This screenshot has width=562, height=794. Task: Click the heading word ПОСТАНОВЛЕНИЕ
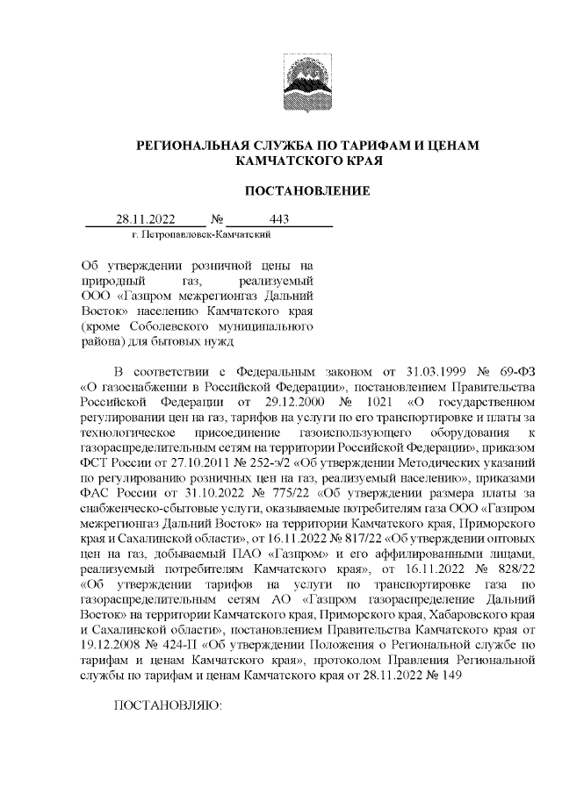(306, 190)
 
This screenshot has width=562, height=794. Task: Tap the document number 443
(280, 219)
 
